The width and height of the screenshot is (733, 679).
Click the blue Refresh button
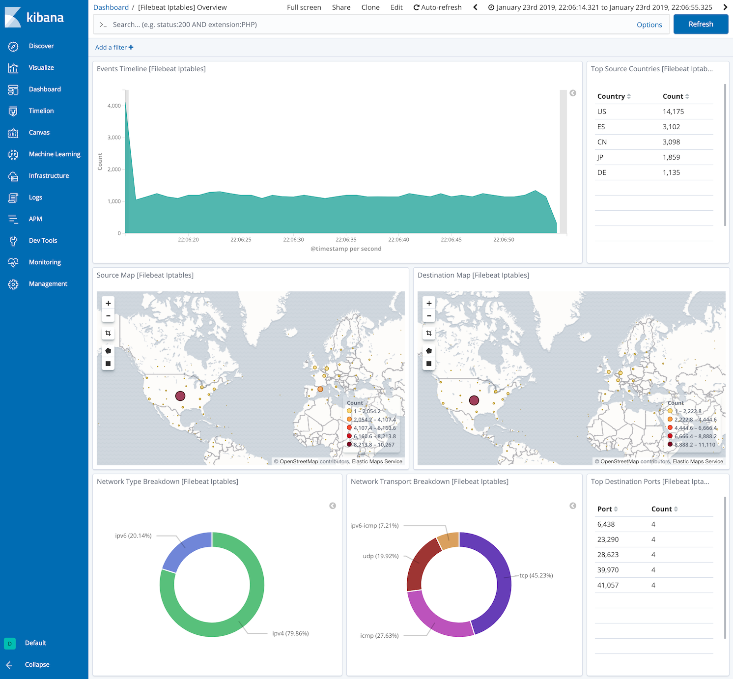(701, 24)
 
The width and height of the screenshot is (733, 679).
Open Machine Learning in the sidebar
(54, 154)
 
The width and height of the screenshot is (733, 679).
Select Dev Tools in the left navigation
(43, 241)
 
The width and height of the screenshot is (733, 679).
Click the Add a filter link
(114, 48)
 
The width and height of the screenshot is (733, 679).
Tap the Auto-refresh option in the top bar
(437, 7)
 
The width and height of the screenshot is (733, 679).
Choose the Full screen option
(304, 7)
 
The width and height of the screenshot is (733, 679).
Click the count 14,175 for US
(673, 112)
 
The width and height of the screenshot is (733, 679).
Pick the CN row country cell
(602, 142)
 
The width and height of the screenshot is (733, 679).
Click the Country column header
(611, 96)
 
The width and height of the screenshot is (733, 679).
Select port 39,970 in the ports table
(608, 570)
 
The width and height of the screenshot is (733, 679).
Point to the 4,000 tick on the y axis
(114, 106)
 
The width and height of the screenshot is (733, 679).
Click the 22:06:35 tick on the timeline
(346, 240)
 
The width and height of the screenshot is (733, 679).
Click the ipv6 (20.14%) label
(133, 536)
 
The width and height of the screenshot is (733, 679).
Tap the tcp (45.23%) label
(536, 575)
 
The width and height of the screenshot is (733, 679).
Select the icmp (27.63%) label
(379, 636)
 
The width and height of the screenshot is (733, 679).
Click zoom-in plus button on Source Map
(108, 303)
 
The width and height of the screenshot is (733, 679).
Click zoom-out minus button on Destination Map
(429, 316)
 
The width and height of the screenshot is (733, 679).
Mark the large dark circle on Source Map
(180, 396)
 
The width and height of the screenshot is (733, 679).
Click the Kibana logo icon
(13, 17)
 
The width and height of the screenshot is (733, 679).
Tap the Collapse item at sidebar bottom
(37, 665)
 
